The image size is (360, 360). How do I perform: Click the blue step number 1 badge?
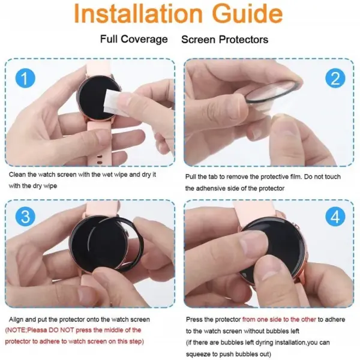pos(25,78)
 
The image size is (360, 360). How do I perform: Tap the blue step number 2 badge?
pos(335,78)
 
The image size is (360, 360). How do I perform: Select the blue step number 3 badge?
pos(25,217)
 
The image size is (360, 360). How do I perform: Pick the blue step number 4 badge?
pos(335,217)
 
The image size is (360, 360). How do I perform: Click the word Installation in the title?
pos(138,13)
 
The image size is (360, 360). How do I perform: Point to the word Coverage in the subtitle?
pos(144,39)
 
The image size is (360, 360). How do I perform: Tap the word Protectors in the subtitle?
pos(243,40)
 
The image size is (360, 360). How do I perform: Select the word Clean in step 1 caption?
pos(17,175)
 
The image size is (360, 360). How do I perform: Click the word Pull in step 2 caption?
pos(190,177)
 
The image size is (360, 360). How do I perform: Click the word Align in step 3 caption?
pos(16,319)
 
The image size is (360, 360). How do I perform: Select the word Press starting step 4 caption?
pos(194,319)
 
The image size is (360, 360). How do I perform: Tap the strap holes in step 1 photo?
pos(99,160)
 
